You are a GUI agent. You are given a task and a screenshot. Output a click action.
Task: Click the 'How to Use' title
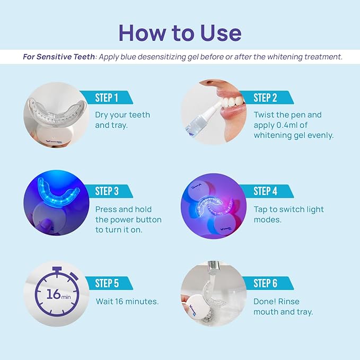click(x=180, y=32)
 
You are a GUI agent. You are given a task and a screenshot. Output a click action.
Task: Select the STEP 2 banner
click(x=266, y=98)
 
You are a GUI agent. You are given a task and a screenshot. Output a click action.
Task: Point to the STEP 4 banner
click(x=266, y=191)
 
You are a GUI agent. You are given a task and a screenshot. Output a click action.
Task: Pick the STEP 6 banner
click(x=266, y=283)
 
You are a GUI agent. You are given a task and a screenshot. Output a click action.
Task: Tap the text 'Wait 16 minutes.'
click(x=127, y=301)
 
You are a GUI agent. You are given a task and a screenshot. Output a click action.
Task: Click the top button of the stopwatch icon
click(x=55, y=264)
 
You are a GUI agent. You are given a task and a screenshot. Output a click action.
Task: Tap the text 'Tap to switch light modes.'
click(x=288, y=214)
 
